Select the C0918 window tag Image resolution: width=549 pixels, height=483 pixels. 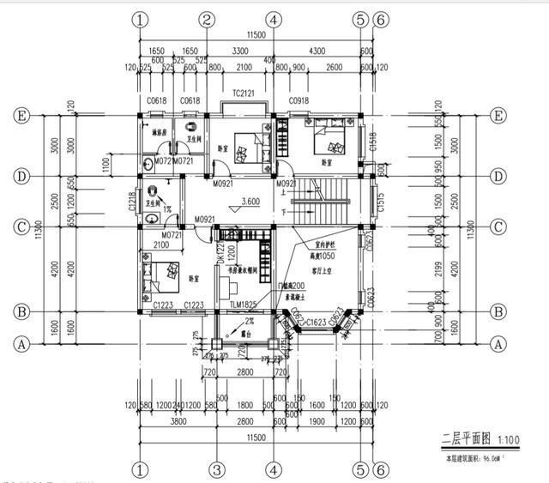pyautogui.click(x=299, y=101)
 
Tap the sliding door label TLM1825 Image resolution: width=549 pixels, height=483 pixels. pyautogui.click(x=244, y=305)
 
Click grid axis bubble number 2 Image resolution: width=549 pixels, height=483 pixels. pyautogui.click(x=206, y=20)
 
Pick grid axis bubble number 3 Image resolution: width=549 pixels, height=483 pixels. pyautogui.click(x=217, y=469)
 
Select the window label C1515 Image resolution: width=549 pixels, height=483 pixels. pyautogui.click(x=380, y=204)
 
